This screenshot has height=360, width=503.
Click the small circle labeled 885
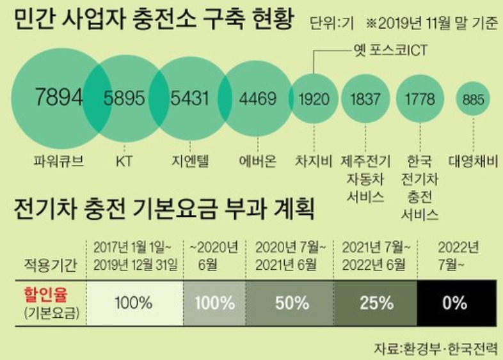coord(474,100)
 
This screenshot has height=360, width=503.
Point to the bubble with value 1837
coord(365,100)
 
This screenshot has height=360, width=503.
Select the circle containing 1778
coord(419,100)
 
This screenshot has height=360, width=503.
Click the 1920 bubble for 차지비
coord(314,100)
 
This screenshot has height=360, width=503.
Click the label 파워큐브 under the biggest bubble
coord(59,160)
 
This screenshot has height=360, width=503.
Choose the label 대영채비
coord(474,160)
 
